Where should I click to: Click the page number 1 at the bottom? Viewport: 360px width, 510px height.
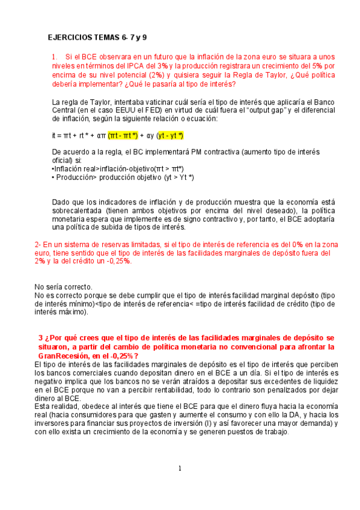tap(180, 469)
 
